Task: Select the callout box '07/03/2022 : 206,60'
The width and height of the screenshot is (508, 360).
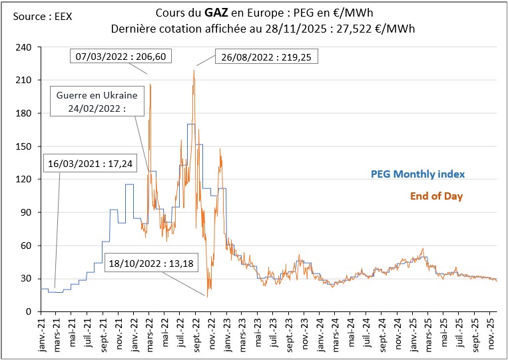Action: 121,57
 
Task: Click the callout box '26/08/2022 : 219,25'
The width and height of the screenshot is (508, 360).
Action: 266,57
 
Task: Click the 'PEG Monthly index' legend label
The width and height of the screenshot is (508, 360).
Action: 417,174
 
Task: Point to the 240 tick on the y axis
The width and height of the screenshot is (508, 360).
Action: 25,47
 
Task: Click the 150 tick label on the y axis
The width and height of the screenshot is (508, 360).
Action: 25,146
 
